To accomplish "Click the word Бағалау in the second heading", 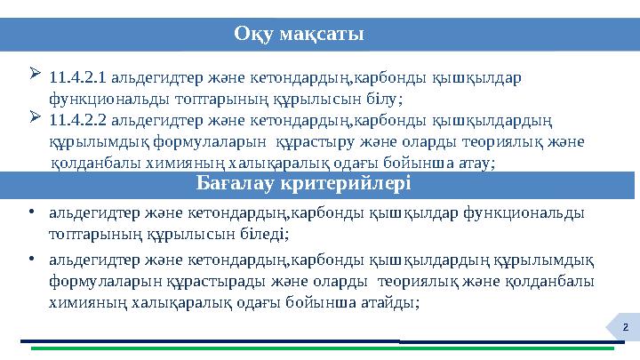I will point(234,184).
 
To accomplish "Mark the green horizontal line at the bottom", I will point(320,348).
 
